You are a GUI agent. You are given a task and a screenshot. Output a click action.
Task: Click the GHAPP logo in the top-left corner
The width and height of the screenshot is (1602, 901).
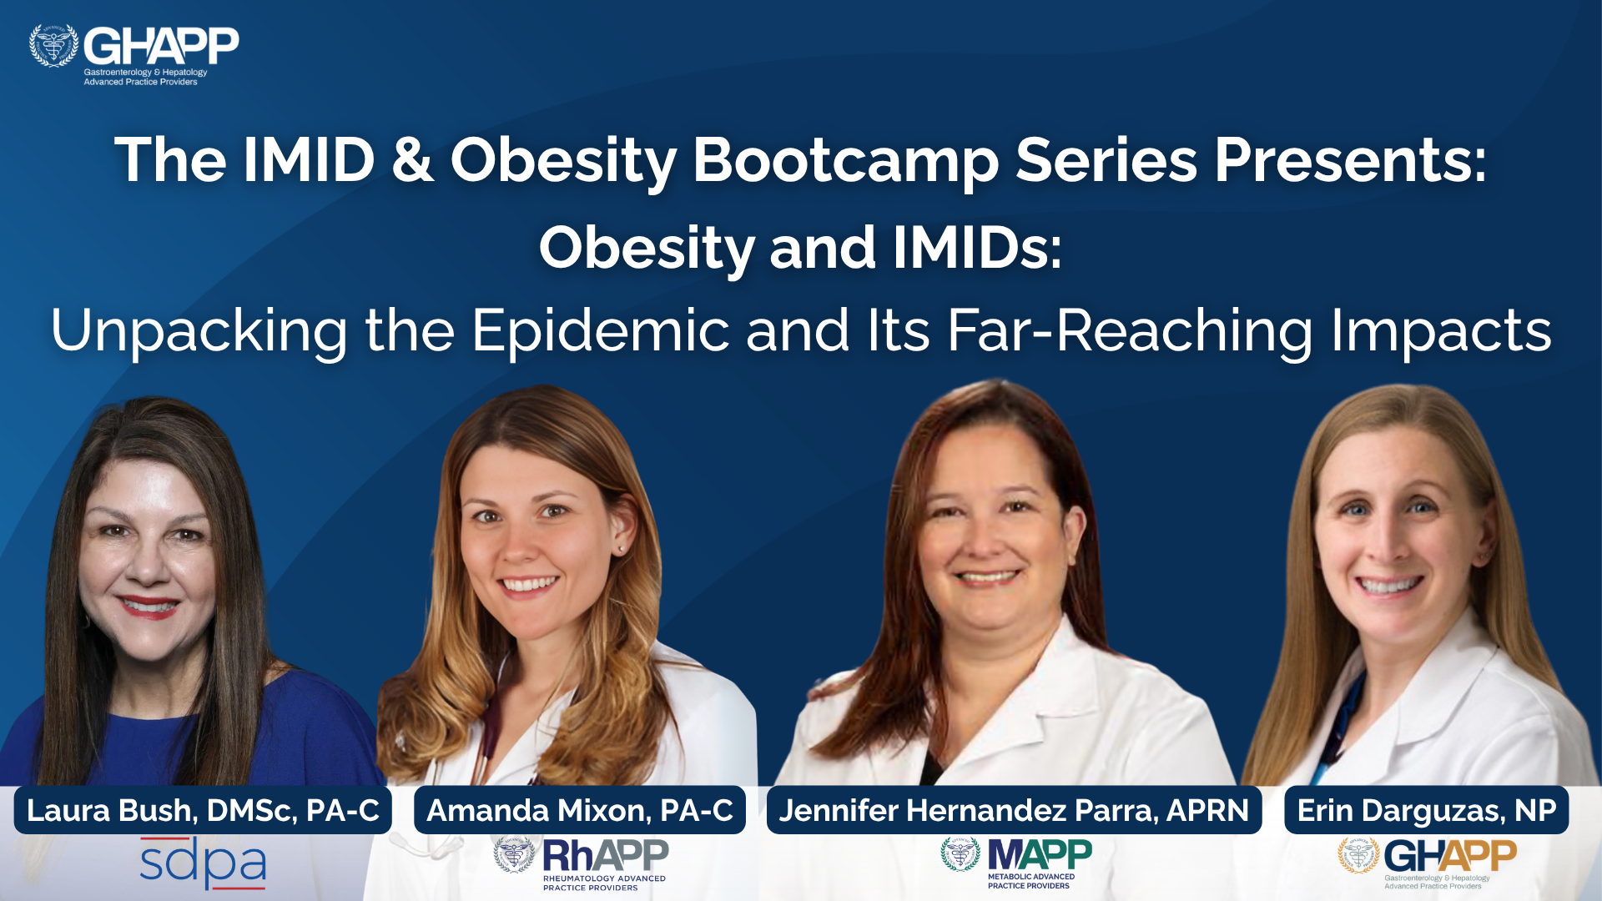(x=133, y=55)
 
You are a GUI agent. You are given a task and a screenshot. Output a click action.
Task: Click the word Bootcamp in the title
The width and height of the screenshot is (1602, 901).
(x=845, y=160)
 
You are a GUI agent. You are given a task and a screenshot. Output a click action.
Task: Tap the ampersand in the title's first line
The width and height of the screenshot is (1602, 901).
(x=412, y=159)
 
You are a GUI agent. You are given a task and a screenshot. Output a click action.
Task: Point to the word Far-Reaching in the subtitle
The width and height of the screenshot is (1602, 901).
(x=1130, y=331)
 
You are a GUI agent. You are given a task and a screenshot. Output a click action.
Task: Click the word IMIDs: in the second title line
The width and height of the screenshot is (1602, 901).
(x=977, y=248)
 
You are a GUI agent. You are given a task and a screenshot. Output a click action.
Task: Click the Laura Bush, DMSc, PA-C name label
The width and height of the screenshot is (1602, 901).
(x=203, y=810)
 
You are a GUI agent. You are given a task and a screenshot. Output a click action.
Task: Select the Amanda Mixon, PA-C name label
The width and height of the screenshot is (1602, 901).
(x=580, y=810)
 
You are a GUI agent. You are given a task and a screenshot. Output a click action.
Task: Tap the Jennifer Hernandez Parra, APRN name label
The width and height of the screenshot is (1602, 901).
(x=1014, y=810)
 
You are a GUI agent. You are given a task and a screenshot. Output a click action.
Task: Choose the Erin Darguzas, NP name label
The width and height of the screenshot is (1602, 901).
(x=1426, y=810)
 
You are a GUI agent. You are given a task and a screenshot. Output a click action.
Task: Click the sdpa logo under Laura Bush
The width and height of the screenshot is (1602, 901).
(x=203, y=863)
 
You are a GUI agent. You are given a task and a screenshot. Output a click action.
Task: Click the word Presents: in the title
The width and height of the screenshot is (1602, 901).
(x=1350, y=160)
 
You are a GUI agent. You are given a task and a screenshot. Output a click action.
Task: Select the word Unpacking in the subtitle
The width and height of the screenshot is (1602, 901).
(x=199, y=331)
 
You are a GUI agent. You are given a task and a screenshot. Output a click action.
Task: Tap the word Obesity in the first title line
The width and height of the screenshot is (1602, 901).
(x=564, y=160)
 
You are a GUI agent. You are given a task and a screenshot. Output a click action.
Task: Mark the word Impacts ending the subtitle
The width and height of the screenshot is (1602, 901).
(x=1441, y=331)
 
